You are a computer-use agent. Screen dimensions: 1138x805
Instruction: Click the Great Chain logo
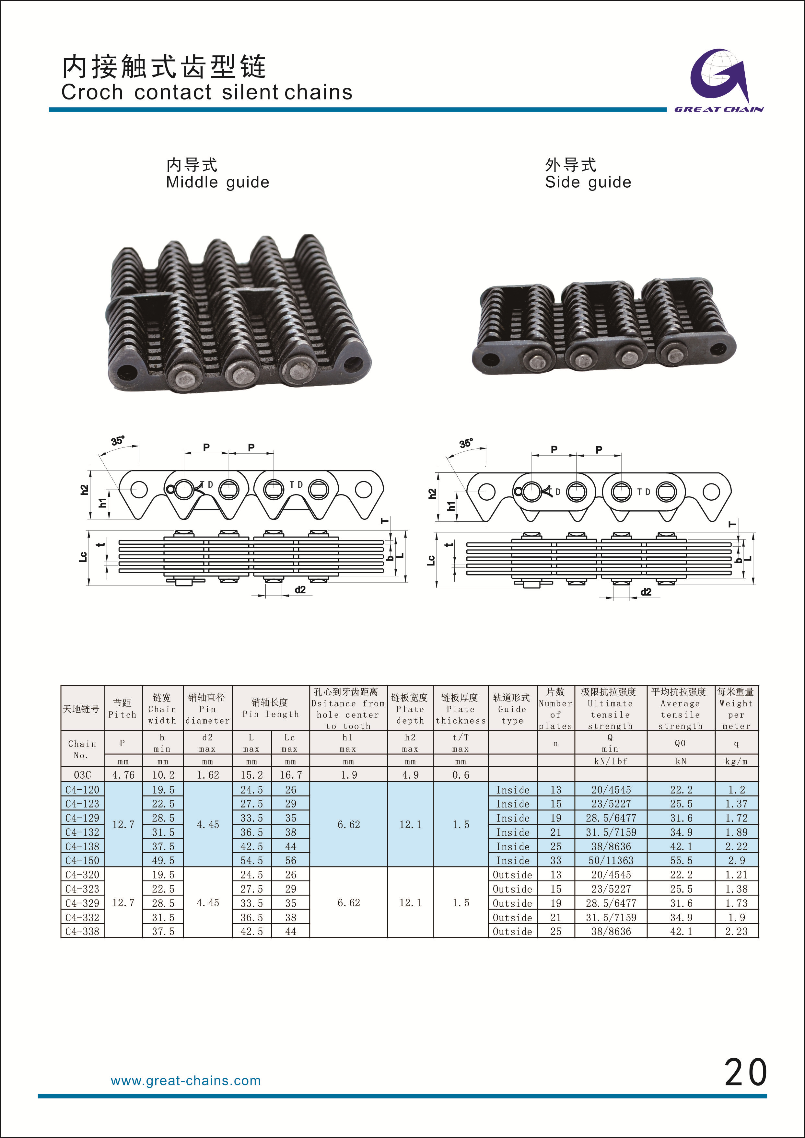pos(719,79)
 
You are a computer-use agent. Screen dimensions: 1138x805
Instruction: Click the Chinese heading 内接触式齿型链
pos(164,66)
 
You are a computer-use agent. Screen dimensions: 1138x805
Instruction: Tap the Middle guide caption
pos(217,182)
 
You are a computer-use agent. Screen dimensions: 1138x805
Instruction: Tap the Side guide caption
pos(588,182)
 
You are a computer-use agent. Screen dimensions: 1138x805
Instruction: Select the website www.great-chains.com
pos(185,1081)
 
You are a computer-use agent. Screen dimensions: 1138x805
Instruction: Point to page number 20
pos(745,1073)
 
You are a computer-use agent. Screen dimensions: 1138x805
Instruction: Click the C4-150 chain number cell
pos(82,860)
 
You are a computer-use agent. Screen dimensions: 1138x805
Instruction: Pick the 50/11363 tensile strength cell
pos(611,860)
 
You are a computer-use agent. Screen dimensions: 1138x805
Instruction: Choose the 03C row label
pos(82,775)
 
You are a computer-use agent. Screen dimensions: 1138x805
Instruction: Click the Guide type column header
pos(512,709)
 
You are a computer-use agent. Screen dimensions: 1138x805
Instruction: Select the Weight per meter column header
pos(736,709)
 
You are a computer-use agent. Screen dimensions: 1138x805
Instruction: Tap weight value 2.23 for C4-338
pos(736,931)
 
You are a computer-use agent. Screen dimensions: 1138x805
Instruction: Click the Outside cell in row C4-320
pos(512,875)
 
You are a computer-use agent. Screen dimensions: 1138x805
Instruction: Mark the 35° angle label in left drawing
pos(118,441)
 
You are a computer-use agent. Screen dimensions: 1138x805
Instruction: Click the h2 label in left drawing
pos(84,490)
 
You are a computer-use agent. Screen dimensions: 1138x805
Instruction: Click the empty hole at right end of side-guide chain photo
pos(718,350)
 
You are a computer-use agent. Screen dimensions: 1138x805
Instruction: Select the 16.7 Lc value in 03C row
pos(290,775)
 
